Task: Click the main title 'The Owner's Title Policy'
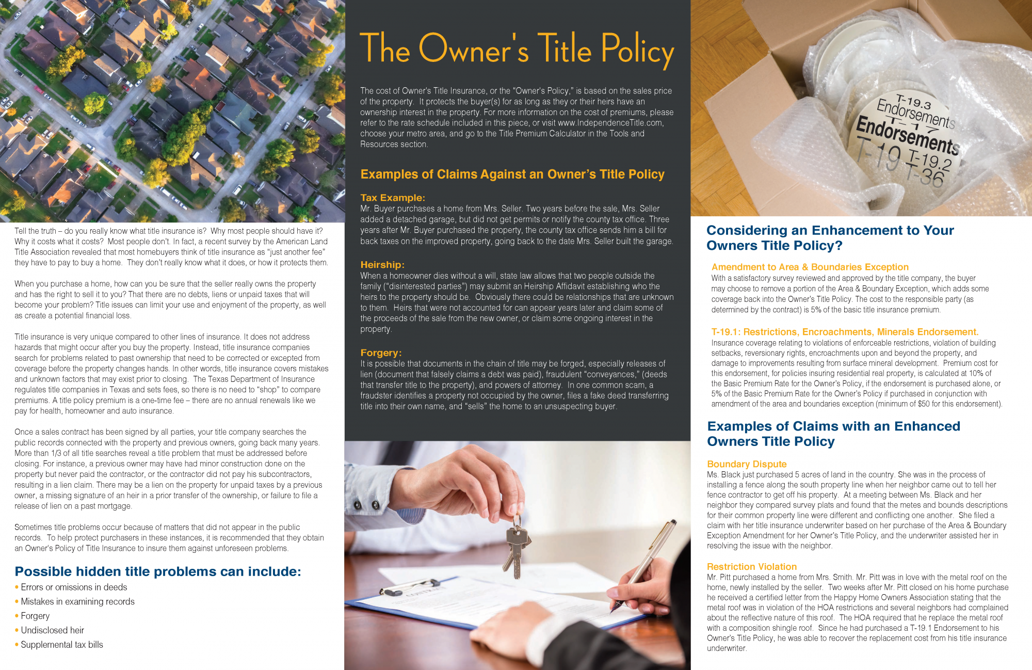tap(517, 49)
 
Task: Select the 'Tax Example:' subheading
tap(393, 198)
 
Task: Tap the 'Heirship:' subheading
tap(382, 265)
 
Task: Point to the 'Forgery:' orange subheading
tap(381, 353)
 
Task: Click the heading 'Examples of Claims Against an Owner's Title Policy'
tap(512, 174)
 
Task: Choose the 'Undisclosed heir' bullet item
tap(52, 630)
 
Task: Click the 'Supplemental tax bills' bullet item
tap(62, 645)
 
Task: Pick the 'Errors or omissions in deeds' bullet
tap(74, 587)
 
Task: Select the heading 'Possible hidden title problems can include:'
tap(158, 571)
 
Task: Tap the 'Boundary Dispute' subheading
tap(747, 464)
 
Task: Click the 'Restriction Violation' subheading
tap(751, 567)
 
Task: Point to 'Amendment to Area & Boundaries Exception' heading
tap(810, 267)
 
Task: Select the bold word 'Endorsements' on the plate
tap(907, 135)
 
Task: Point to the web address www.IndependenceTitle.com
tap(610, 123)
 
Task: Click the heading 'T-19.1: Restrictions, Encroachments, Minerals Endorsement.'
tap(845, 332)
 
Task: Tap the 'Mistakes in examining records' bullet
tap(77, 602)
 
